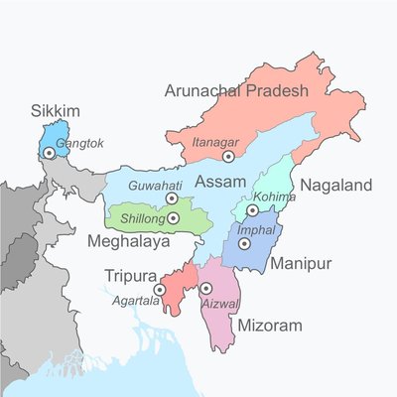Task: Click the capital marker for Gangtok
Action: click(x=48, y=154)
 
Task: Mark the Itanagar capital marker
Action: click(x=228, y=156)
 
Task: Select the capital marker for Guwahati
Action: click(x=172, y=198)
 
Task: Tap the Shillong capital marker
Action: click(x=174, y=218)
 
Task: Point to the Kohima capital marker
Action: click(x=253, y=210)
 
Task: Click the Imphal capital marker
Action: click(x=243, y=242)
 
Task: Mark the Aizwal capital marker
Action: click(x=206, y=288)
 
